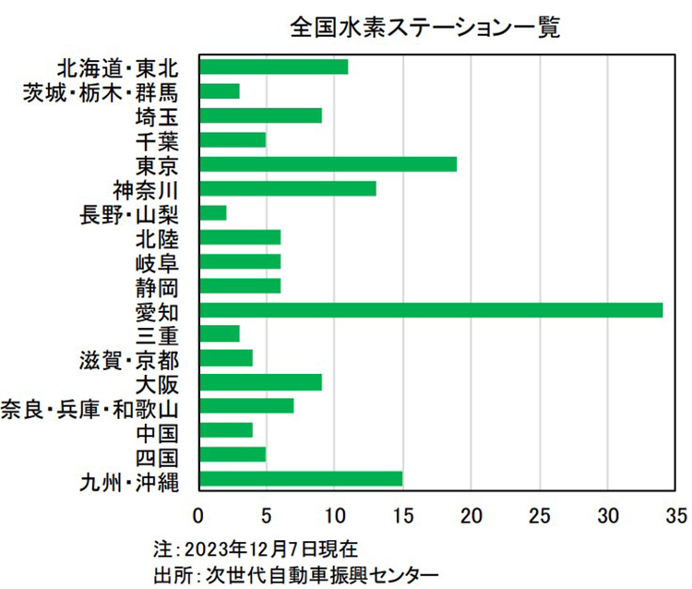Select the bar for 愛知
pyautogui.click(x=431, y=309)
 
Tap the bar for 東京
pyautogui.click(x=328, y=164)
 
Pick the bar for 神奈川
pyautogui.click(x=288, y=188)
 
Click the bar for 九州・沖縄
pyautogui.click(x=301, y=478)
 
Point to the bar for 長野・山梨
pyautogui.click(x=213, y=213)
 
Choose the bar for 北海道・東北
pyautogui.click(x=274, y=67)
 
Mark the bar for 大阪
pyautogui.click(x=260, y=381)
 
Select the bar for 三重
pyautogui.click(x=220, y=333)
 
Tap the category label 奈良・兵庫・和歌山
pyautogui.click(x=89, y=407)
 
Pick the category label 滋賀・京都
pyautogui.click(x=128, y=358)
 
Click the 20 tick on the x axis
pyautogui.click(x=471, y=513)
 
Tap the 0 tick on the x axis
pyautogui.click(x=199, y=513)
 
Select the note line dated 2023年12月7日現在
pyautogui.click(x=252, y=547)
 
